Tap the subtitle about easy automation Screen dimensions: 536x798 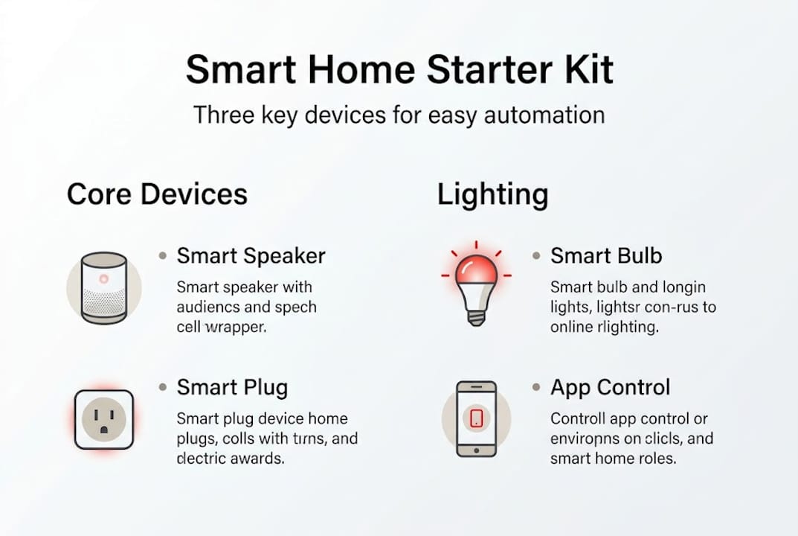[x=399, y=115]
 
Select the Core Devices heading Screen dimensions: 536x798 [x=157, y=194]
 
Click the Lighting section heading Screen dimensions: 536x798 [x=492, y=194]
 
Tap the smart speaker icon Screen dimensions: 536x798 [x=103, y=287]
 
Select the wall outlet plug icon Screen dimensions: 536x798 [x=103, y=419]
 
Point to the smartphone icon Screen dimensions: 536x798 [x=476, y=418]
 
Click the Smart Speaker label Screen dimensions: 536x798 [x=251, y=256]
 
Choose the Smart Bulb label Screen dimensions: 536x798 [x=605, y=256]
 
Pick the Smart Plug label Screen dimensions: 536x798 [x=232, y=388]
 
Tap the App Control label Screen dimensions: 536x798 [x=610, y=388]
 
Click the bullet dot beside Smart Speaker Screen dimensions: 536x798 [x=163, y=256]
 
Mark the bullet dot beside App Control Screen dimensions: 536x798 [x=536, y=388]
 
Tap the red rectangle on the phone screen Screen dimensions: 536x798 [x=477, y=418]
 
